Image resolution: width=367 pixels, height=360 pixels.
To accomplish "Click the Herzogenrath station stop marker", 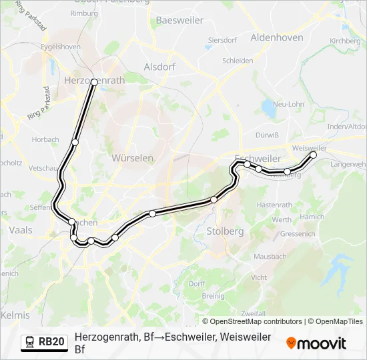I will coord(94,82).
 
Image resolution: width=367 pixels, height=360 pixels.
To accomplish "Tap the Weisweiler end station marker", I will coord(313,155).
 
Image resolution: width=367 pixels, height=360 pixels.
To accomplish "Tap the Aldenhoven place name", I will coord(277,38).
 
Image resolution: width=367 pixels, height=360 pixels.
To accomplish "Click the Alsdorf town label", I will coord(159,67).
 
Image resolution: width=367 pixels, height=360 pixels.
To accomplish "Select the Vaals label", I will coord(21,230).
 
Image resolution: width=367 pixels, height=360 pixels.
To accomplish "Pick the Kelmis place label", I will coord(15,315).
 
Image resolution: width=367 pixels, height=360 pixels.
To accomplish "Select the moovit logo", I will coord(316,343).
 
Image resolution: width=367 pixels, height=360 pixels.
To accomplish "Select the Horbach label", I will coord(45,140).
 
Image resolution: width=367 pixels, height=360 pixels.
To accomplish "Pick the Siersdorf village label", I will coord(222,40).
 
